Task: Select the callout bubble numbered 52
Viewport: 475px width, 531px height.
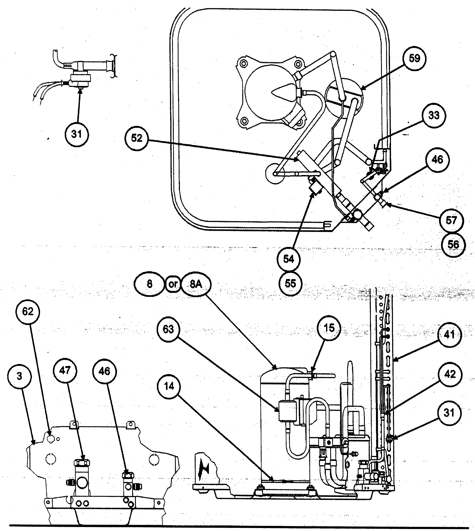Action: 137,138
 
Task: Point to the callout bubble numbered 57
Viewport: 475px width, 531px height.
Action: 451,220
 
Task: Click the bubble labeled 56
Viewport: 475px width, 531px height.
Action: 453,245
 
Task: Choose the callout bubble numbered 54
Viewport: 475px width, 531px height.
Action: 289,259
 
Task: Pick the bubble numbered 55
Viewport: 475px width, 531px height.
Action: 290,283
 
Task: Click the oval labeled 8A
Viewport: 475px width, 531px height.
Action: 196,284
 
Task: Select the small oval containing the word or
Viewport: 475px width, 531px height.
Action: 173,284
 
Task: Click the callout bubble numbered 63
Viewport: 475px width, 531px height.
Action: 168,329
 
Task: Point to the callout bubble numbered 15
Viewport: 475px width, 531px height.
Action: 329,328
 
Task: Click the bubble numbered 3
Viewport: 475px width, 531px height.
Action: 19,376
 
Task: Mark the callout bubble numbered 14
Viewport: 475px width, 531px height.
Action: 169,386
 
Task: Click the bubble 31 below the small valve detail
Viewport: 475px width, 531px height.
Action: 77,134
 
